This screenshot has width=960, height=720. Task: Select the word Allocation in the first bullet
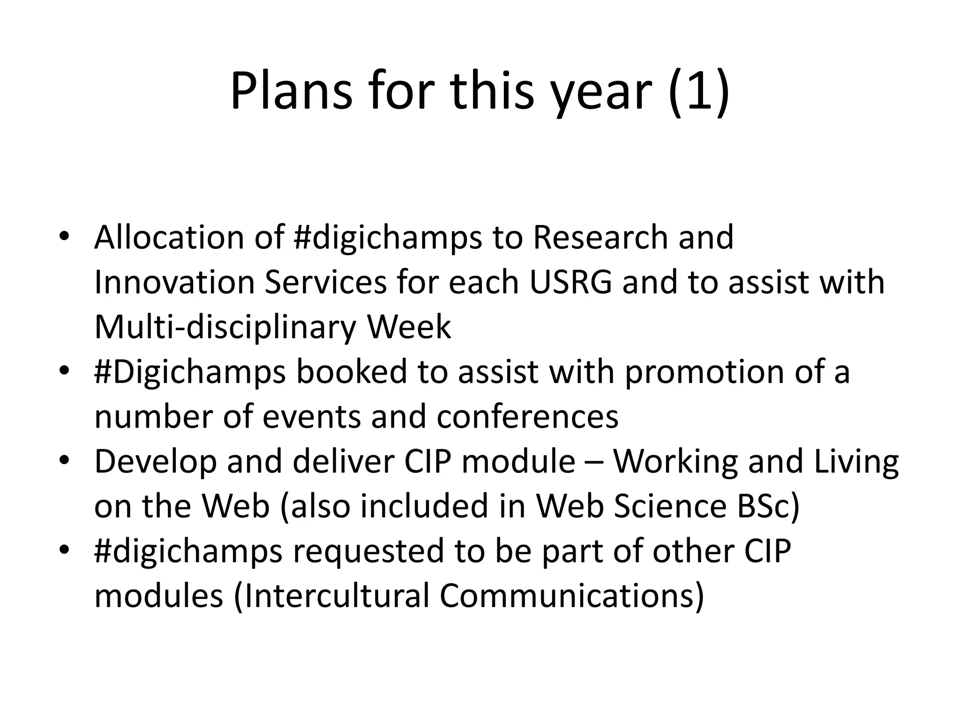pos(169,237)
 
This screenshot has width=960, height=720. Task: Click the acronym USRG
pos(570,282)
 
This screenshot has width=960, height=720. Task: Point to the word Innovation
pos(174,282)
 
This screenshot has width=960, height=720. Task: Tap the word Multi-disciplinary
pos(225,327)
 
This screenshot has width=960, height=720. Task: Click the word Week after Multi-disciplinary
pos(409,327)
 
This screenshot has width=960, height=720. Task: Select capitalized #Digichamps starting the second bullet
pos(190,372)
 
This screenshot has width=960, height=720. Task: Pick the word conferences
pos(527,417)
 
